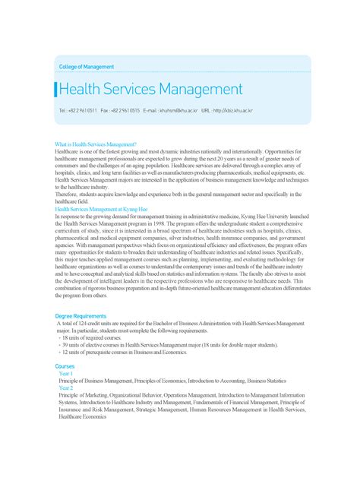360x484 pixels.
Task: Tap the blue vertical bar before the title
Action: click(55, 90)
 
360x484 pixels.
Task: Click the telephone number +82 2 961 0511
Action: click(81, 111)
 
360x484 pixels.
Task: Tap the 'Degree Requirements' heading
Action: click(81, 315)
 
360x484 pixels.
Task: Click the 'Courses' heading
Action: click(65, 366)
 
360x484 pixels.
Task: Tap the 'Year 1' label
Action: click(66, 374)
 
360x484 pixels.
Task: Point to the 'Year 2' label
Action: click(66, 388)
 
